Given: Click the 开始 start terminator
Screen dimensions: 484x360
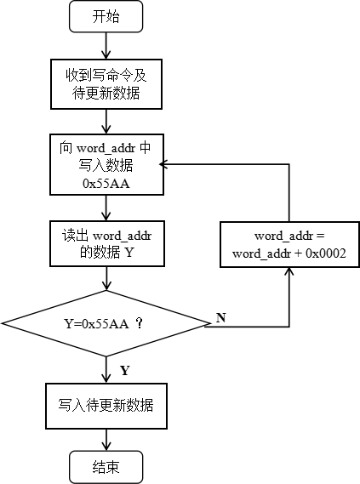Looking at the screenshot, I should pyautogui.click(x=106, y=16).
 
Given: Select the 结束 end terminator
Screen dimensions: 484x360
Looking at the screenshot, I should pyautogui.click(x=106, y=466).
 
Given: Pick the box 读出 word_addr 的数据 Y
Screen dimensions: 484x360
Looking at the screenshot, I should pyautogui.click(x=106, y=243).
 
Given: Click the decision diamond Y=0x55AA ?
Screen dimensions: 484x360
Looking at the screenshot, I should pyautogui.click(x=106, y=324).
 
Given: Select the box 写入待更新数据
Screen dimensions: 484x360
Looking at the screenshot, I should pyautogui.click(x=106, y=405).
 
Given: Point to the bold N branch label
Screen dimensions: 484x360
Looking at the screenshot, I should pyautogui.click(x=221, y=317).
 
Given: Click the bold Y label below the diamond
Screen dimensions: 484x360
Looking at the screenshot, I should pyautogui.click(x=125, y=370).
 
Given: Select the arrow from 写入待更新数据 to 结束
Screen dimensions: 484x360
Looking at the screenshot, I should pyautogui.click(x=106, y=439).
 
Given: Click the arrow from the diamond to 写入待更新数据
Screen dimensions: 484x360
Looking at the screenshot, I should pyautogui.click(x=106, y=370).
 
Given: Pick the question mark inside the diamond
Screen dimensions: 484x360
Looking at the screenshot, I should pyautogui.click(x=138, y=324).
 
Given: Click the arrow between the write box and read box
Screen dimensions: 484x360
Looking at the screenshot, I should pyautogui.click(x=106, y=208).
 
